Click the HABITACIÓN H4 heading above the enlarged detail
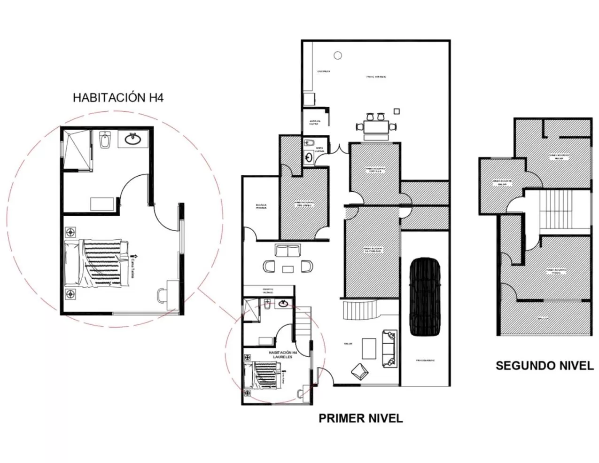(x=118, y=97)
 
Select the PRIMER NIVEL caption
(x=360, y=418)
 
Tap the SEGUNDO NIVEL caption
(x=545, y=366)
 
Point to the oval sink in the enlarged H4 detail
(x=133, y=138)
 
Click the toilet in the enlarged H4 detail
(x=105, y=140)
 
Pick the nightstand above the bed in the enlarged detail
(x=71, y=232)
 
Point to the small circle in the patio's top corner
(x=336, y=55)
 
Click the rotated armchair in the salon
(x=360, y=370)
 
